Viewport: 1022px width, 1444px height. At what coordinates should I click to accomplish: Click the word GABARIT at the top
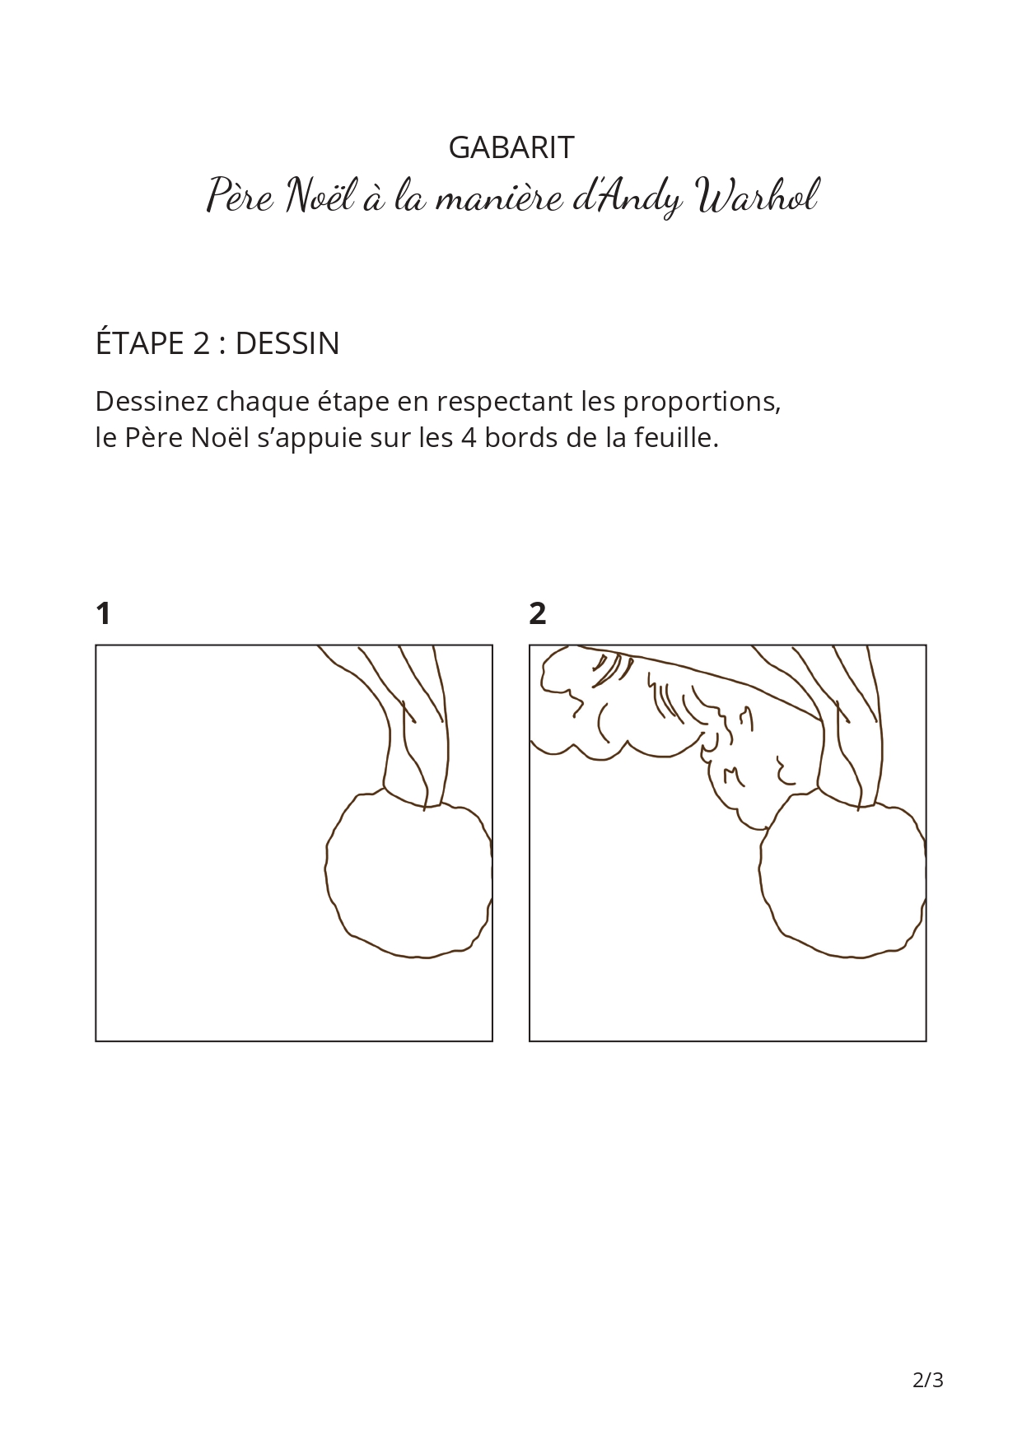[x=511, y=147]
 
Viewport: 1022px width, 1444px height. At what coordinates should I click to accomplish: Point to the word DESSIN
[x=287, y=343]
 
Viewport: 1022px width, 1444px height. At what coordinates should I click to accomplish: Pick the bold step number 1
[x=103, y=613]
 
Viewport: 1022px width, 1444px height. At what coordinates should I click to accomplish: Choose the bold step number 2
[x=538, y=613]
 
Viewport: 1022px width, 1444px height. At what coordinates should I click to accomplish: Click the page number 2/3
[x=928, y=1380]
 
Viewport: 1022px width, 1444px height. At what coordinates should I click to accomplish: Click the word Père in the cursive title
[x=239, y=196]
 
